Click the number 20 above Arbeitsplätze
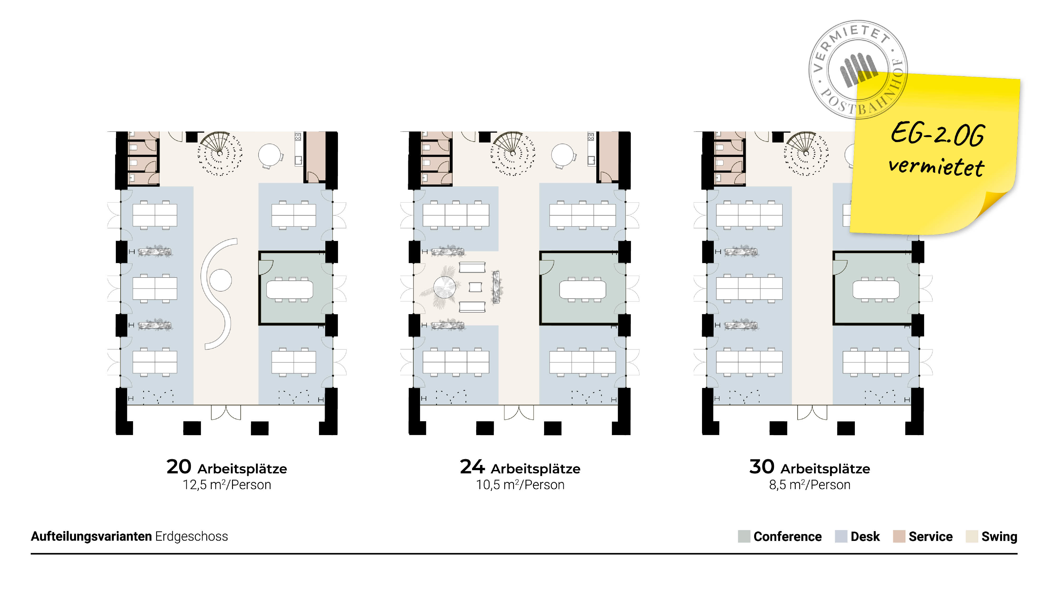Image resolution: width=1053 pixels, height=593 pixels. pos(179,467)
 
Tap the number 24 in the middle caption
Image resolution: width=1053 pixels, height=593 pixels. pos(472,467)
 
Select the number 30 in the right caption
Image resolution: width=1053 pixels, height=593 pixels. pos(762,467)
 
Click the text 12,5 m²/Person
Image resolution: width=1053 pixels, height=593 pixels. pos(227,485)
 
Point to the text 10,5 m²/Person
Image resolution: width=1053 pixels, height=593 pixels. pos(520,485)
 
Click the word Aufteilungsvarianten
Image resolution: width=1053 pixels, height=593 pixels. pos(91,536)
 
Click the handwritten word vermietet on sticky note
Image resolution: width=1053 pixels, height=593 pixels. pos(936,167)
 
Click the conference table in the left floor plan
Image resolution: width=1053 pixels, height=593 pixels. pos(290,289)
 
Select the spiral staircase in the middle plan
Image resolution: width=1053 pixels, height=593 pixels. pos(512,153)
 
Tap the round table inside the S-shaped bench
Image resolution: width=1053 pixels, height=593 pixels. pos(221,280)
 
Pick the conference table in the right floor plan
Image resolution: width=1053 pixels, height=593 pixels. pos(876,289)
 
